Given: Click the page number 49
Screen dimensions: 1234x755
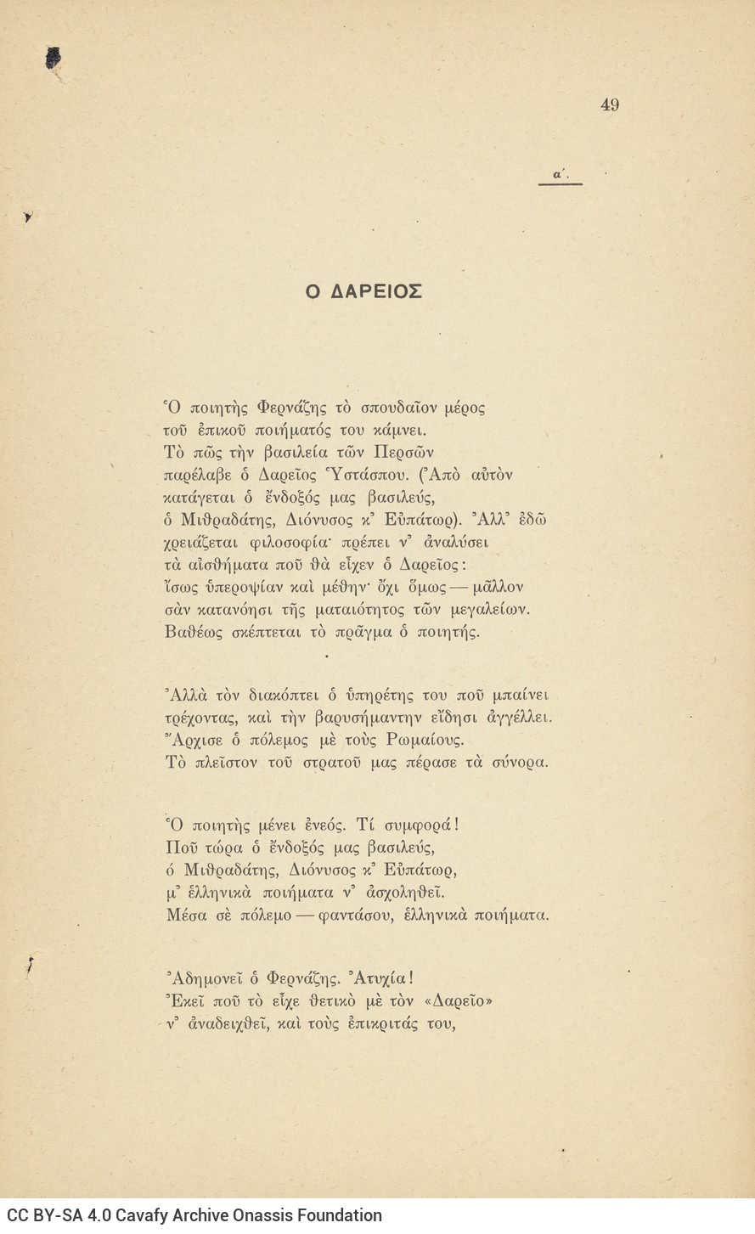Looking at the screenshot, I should point(609,105).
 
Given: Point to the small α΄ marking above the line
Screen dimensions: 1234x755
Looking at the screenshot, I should point(560,175).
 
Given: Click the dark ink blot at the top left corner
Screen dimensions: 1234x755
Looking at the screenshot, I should point(54,58).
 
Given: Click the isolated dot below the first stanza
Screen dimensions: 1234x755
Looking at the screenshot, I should point(325,656).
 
